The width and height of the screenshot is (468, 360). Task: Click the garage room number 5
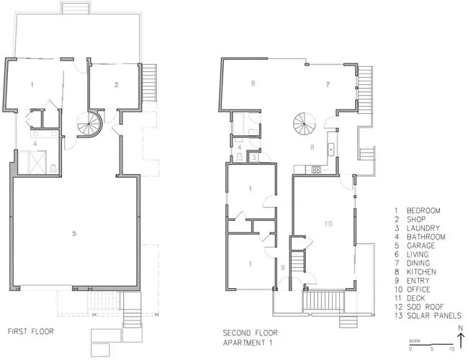click(74, 233)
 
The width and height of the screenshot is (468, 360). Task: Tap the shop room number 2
click(116, 85)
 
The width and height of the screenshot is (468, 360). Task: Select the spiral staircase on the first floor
click(90, 124)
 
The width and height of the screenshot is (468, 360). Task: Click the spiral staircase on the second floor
click(304, 124)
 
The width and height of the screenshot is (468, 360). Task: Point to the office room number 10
click(328, 224)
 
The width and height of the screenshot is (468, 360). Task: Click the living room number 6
click(253, 83)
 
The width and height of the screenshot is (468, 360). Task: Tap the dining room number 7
click(328, 84)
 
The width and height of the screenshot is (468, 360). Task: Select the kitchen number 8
click(312, 147)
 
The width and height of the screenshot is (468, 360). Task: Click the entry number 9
click(282, 268)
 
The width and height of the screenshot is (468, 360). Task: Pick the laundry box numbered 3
click(253, 157)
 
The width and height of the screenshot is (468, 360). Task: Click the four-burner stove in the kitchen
click(316, 169)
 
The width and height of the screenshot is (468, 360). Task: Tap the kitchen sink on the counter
click(331, 149)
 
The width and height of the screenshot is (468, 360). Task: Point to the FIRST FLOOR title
click(31, 331)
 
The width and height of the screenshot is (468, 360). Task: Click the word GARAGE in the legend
click(421, 246)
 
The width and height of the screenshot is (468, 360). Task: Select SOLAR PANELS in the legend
click(434, 315)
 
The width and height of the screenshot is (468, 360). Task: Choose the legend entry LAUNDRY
click(423, 228)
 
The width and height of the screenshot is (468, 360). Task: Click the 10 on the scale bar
click(452, 348)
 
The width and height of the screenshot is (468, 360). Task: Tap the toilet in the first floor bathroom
click(53, 169)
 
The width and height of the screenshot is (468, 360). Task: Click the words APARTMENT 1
click(248, 343)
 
